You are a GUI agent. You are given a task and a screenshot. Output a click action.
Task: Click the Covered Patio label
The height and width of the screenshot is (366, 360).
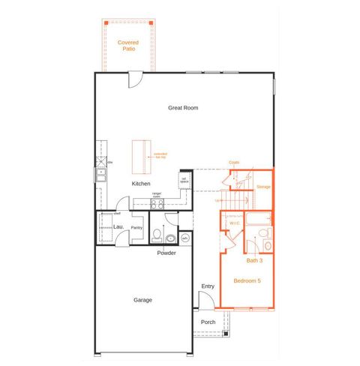(x=128, y=46)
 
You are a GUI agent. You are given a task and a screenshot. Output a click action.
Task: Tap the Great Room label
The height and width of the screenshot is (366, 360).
(x=183, y=108)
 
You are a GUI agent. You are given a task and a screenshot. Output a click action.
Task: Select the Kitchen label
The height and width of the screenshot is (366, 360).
(x=141, y=184)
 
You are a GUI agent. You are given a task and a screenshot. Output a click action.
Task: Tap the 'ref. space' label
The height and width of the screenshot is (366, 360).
(x=183, y=179)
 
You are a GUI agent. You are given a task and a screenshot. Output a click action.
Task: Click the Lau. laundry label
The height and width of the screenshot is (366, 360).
(x=118, y=226)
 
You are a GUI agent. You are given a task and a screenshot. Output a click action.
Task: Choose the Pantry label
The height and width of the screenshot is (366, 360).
(x=137, y=227)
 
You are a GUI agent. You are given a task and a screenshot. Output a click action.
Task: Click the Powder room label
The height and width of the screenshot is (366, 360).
(x=166, y=253)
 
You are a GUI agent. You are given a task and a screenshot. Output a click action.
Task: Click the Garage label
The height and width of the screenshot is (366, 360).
(x=143, y=300)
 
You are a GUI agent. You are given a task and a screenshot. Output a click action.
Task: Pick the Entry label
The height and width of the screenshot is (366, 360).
(x=208, y=286)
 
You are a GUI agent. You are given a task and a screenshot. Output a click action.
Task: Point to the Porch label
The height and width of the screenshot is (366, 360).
(x=208, y=322)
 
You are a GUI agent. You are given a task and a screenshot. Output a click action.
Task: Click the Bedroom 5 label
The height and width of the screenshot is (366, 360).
(x=247, y=280)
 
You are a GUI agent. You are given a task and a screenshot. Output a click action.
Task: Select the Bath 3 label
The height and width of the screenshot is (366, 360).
(x=255, y=260)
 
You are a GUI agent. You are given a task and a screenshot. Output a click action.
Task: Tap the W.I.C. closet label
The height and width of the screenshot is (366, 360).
(x=234, y=222)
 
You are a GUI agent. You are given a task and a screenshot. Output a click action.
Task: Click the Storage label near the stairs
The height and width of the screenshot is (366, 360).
(x=263, y=186)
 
